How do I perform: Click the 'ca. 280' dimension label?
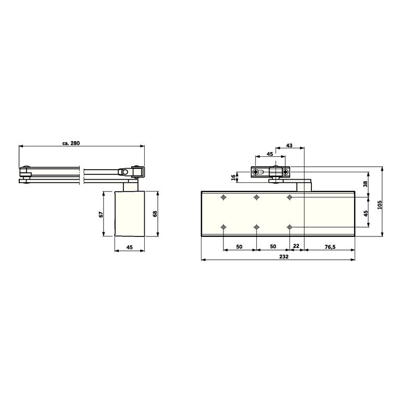coord(71,143)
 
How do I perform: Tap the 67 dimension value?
coord(101,215)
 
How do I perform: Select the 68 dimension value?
coord(155,213)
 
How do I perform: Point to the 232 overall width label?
coord(284,257)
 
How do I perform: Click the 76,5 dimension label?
coord(330,247)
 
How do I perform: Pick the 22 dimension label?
coord(296,246)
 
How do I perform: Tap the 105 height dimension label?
coord(380,205)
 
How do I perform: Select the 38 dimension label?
coord(366,184)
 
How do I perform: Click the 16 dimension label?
coord(233,178)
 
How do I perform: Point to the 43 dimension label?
coord(289,146)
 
